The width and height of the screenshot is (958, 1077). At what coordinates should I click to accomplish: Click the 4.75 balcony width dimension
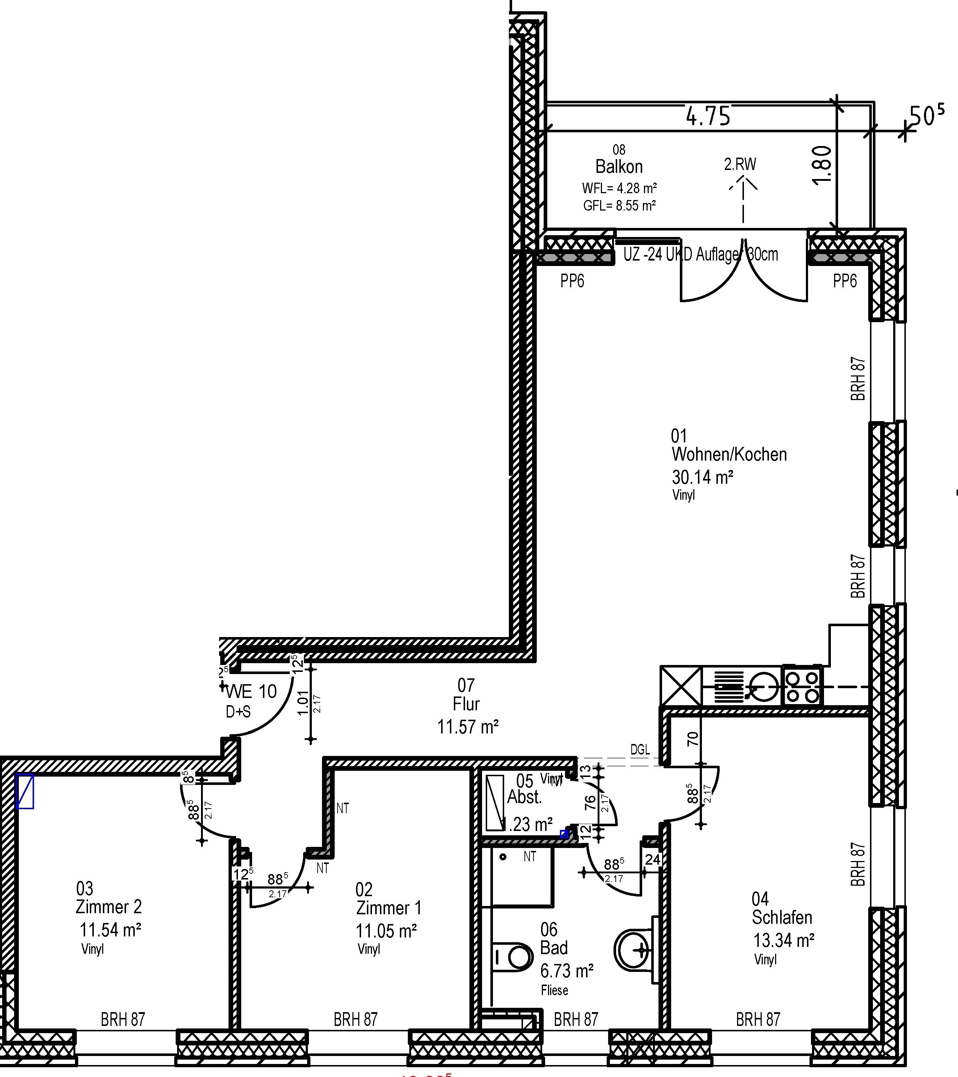(708, 116)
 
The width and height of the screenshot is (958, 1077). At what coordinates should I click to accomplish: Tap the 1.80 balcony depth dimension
(823, 165)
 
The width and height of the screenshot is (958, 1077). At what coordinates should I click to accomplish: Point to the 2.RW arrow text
(740, 165)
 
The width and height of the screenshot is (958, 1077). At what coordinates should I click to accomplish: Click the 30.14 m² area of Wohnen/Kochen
(703, 477)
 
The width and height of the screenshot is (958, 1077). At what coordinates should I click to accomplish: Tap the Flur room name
(466, 704)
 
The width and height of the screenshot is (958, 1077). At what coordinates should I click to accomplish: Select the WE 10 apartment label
(251, 691)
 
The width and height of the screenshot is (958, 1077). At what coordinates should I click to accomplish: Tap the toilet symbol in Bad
(513, 956)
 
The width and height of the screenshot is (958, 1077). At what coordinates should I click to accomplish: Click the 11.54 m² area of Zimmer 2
(110, 930)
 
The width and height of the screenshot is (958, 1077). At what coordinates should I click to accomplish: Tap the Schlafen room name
(782, 917)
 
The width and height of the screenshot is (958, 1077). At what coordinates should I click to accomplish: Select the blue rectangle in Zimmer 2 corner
(25, 791)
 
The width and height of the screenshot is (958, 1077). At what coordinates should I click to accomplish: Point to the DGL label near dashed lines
(640, 749)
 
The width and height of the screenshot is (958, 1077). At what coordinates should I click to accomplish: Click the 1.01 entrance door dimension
(303, 703)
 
